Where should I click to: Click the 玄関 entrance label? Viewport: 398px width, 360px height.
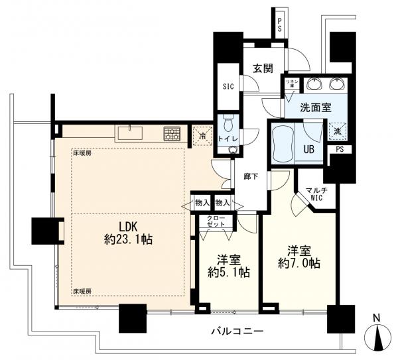click(259, 68)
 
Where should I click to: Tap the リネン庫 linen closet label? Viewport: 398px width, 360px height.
click(291, 83)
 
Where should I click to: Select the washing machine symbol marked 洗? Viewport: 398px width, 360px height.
click(339, 131)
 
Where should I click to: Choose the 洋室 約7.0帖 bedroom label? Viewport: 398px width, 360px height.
click(298, 257)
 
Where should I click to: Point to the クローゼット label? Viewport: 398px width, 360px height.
click(216, 222)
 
